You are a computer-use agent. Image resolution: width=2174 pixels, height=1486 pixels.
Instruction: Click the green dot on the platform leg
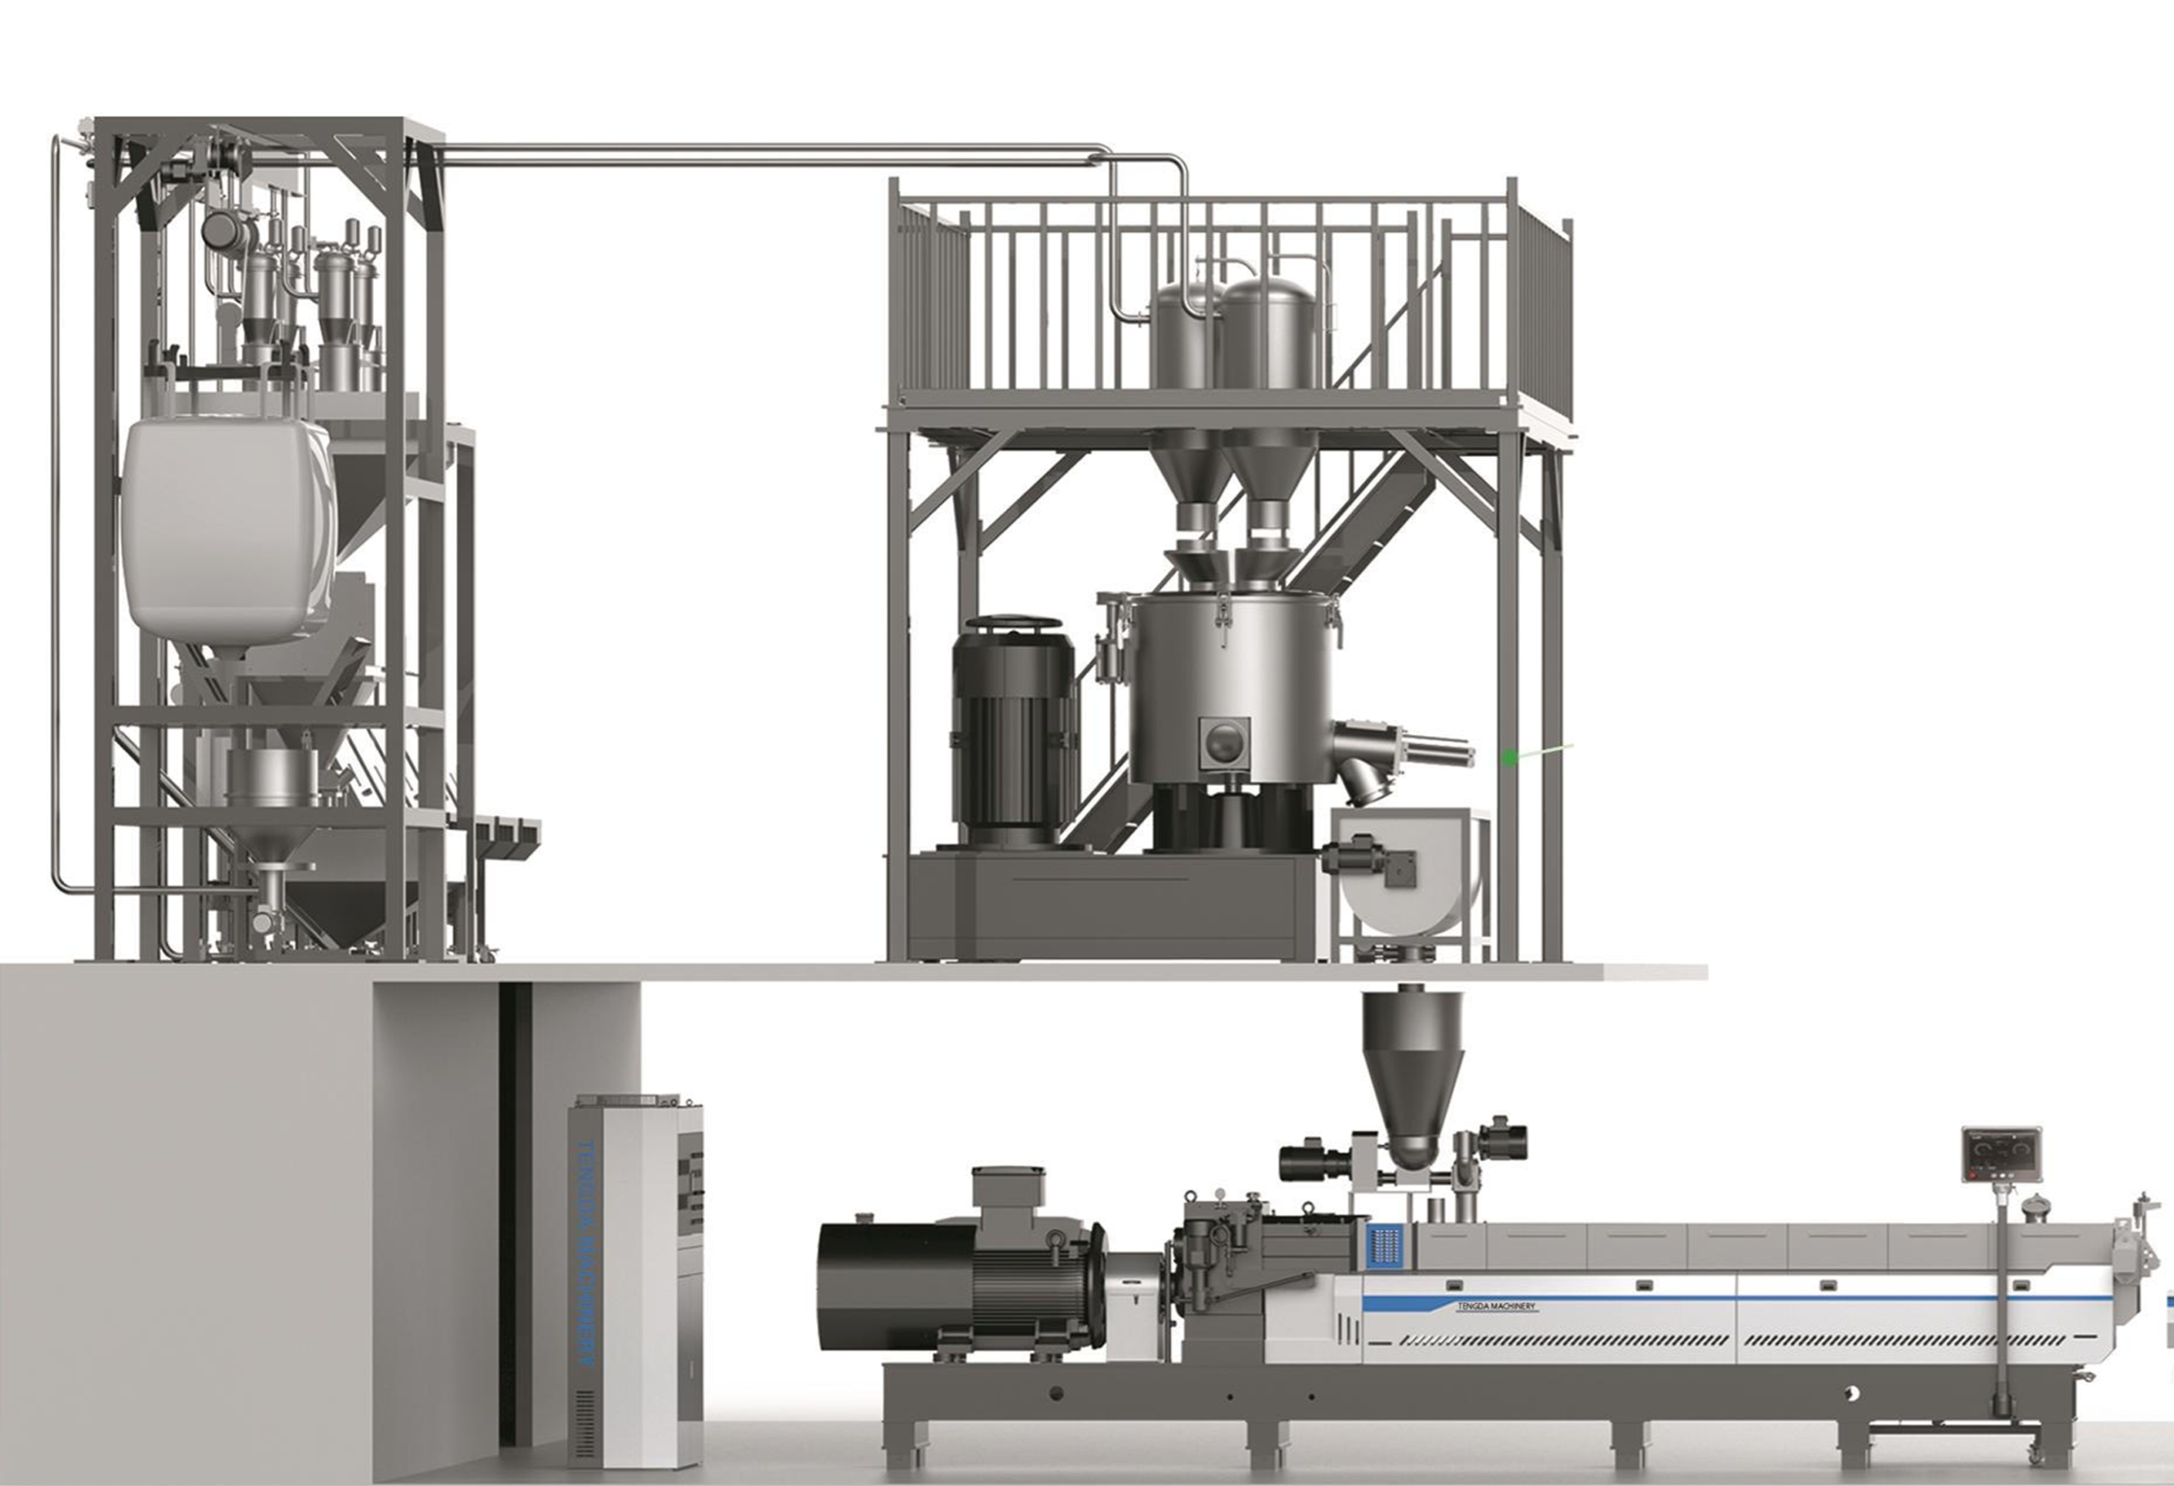pos(1510,758)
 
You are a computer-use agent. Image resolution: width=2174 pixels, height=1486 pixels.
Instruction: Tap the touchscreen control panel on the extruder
pos(2001,1155)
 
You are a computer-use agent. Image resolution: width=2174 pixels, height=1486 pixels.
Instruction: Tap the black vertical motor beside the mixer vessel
pos(1014,730)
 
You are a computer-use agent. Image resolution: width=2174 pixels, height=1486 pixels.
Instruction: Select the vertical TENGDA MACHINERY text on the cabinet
pos(587,1254)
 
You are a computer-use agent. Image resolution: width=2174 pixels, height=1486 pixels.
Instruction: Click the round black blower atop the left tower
pos(222,228)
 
